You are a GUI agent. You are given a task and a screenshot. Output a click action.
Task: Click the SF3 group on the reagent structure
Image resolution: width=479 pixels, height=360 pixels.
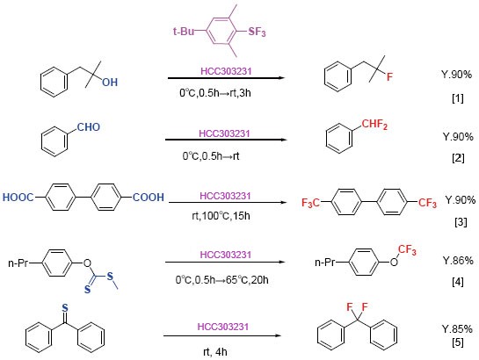pyautogui.click(x=257, y=32)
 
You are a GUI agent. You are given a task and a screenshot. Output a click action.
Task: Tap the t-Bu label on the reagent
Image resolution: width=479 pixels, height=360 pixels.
pyautogui.click(x=184, y=31)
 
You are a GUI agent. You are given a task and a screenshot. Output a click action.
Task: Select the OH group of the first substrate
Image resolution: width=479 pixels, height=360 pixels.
pyautogui.click(x=110, y=82)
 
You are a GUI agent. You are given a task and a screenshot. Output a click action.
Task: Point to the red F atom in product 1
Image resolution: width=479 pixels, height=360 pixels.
pyautogui.click(x=389, y=76)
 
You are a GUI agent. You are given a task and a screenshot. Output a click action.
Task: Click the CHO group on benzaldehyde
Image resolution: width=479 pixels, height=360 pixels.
pyautogui.click(x=88, y=127)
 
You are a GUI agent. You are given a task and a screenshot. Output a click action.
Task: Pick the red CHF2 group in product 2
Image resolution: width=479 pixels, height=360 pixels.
pyautogui.click(x=374, y=125)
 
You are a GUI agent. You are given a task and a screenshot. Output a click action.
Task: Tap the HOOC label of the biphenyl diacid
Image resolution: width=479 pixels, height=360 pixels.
pyautogui.click(x=18, y=198)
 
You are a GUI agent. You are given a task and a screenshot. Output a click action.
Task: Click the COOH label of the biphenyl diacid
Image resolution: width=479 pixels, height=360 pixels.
pyautogui.click(x=149, y=198)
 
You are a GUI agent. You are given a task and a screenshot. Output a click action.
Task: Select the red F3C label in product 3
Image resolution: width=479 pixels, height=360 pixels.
pyautogui.click(x=310, y=203)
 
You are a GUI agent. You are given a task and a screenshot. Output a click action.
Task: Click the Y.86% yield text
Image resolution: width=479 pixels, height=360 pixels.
pyautogui.click(x=458, y=261)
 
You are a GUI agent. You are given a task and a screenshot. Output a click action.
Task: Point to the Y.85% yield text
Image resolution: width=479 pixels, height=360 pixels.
pyautogui.click(x=457, y=329)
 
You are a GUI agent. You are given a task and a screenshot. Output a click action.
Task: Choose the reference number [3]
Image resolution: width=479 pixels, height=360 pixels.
pyautogui.click(x=461, y=222)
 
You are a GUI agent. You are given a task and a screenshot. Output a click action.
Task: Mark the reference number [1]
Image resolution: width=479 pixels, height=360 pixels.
pyautogui.click(x=458, y=98)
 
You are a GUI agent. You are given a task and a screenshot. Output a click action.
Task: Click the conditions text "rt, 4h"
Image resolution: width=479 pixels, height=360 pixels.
pyautogui.click(x=215, y=352)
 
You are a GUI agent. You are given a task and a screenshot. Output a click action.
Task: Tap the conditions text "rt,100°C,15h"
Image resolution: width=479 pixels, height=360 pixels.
pyautogui.click(x=221, y=216)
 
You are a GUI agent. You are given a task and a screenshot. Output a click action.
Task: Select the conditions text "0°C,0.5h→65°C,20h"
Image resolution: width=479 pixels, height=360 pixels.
pyautogui.click(x=222, y=279)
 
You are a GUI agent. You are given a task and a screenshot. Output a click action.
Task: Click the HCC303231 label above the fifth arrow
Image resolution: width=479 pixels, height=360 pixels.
pyautogui.click(x=223, y=327)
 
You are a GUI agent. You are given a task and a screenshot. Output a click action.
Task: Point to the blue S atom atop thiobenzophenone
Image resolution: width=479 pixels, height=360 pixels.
pyautogui.click(x=65, y=308)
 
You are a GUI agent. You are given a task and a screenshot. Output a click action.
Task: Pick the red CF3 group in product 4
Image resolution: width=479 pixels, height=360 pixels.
pyautogui.click(x=407, y=250)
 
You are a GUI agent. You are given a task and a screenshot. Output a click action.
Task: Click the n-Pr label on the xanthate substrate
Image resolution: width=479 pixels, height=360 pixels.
pyautogui.click(x=18, y=263)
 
